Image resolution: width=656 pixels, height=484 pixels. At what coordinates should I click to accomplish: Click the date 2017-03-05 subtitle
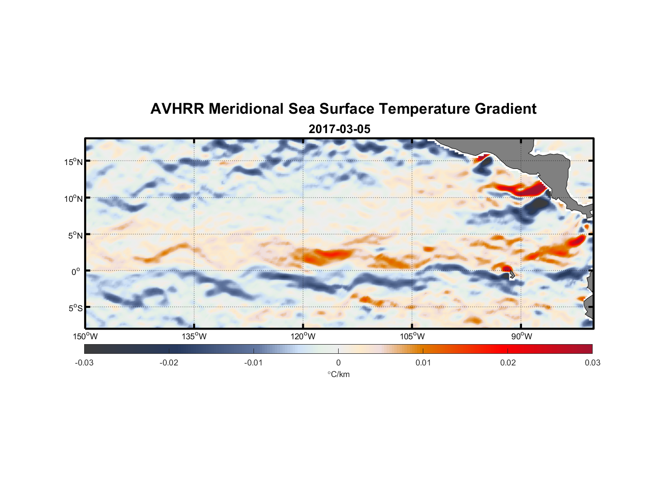click(339, 129)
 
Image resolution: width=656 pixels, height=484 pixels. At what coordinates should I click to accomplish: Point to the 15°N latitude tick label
click(74, 162)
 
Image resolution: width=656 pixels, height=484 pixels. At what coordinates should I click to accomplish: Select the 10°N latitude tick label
click(74, 198)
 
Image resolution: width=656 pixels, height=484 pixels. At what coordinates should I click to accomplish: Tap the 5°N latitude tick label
click(75, 235)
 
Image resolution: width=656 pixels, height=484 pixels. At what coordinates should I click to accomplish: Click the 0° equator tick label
click(76, 272)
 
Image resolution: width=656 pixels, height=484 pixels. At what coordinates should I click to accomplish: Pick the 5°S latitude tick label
click(75, 308)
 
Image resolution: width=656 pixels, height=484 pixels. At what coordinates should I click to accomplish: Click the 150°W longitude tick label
click(86, 336)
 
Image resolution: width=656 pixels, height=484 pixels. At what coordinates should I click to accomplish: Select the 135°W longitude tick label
click(194, 336)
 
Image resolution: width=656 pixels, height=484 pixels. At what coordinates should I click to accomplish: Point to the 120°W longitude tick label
click(303, 336)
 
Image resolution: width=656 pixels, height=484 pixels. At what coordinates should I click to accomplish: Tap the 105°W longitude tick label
click(412, 336)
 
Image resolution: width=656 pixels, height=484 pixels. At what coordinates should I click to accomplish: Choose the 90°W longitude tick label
click(522, 336)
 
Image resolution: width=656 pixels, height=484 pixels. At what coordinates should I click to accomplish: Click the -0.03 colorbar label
click(84, 363)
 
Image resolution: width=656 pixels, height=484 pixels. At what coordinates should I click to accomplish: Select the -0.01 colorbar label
click(253, 363)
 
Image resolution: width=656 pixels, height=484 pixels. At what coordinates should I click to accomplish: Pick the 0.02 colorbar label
click(508, 363)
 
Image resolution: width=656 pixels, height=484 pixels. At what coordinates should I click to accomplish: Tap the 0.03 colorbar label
click(592, 363)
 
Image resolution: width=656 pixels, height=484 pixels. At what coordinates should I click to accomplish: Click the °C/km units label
click(339, 374)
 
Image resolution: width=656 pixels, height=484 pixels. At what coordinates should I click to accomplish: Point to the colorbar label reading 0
click(338, 363)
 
